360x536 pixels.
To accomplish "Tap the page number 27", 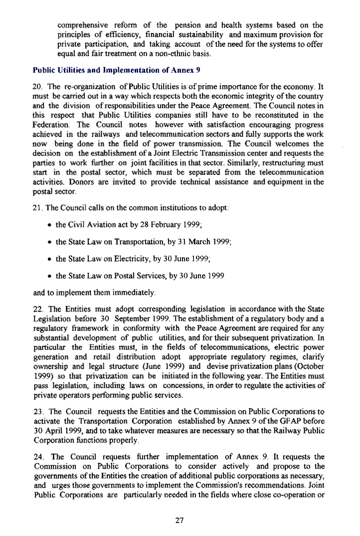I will click(x=180, y=521).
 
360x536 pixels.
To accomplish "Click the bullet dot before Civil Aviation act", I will click(x=51, y=225).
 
